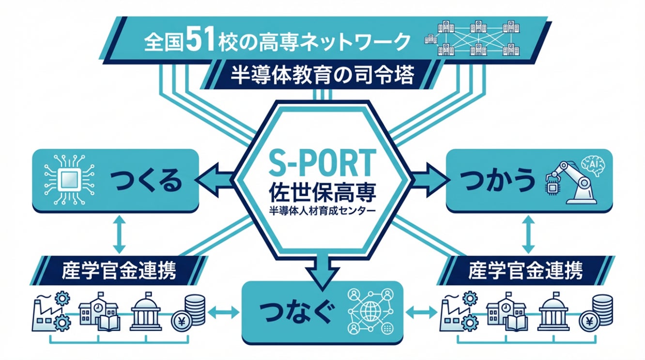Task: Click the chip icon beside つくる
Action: (x=68, y=181)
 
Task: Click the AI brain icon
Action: (x=593, y=164)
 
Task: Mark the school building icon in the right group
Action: (x=506, y=312)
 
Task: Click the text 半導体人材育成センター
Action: (x=322, y=212)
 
